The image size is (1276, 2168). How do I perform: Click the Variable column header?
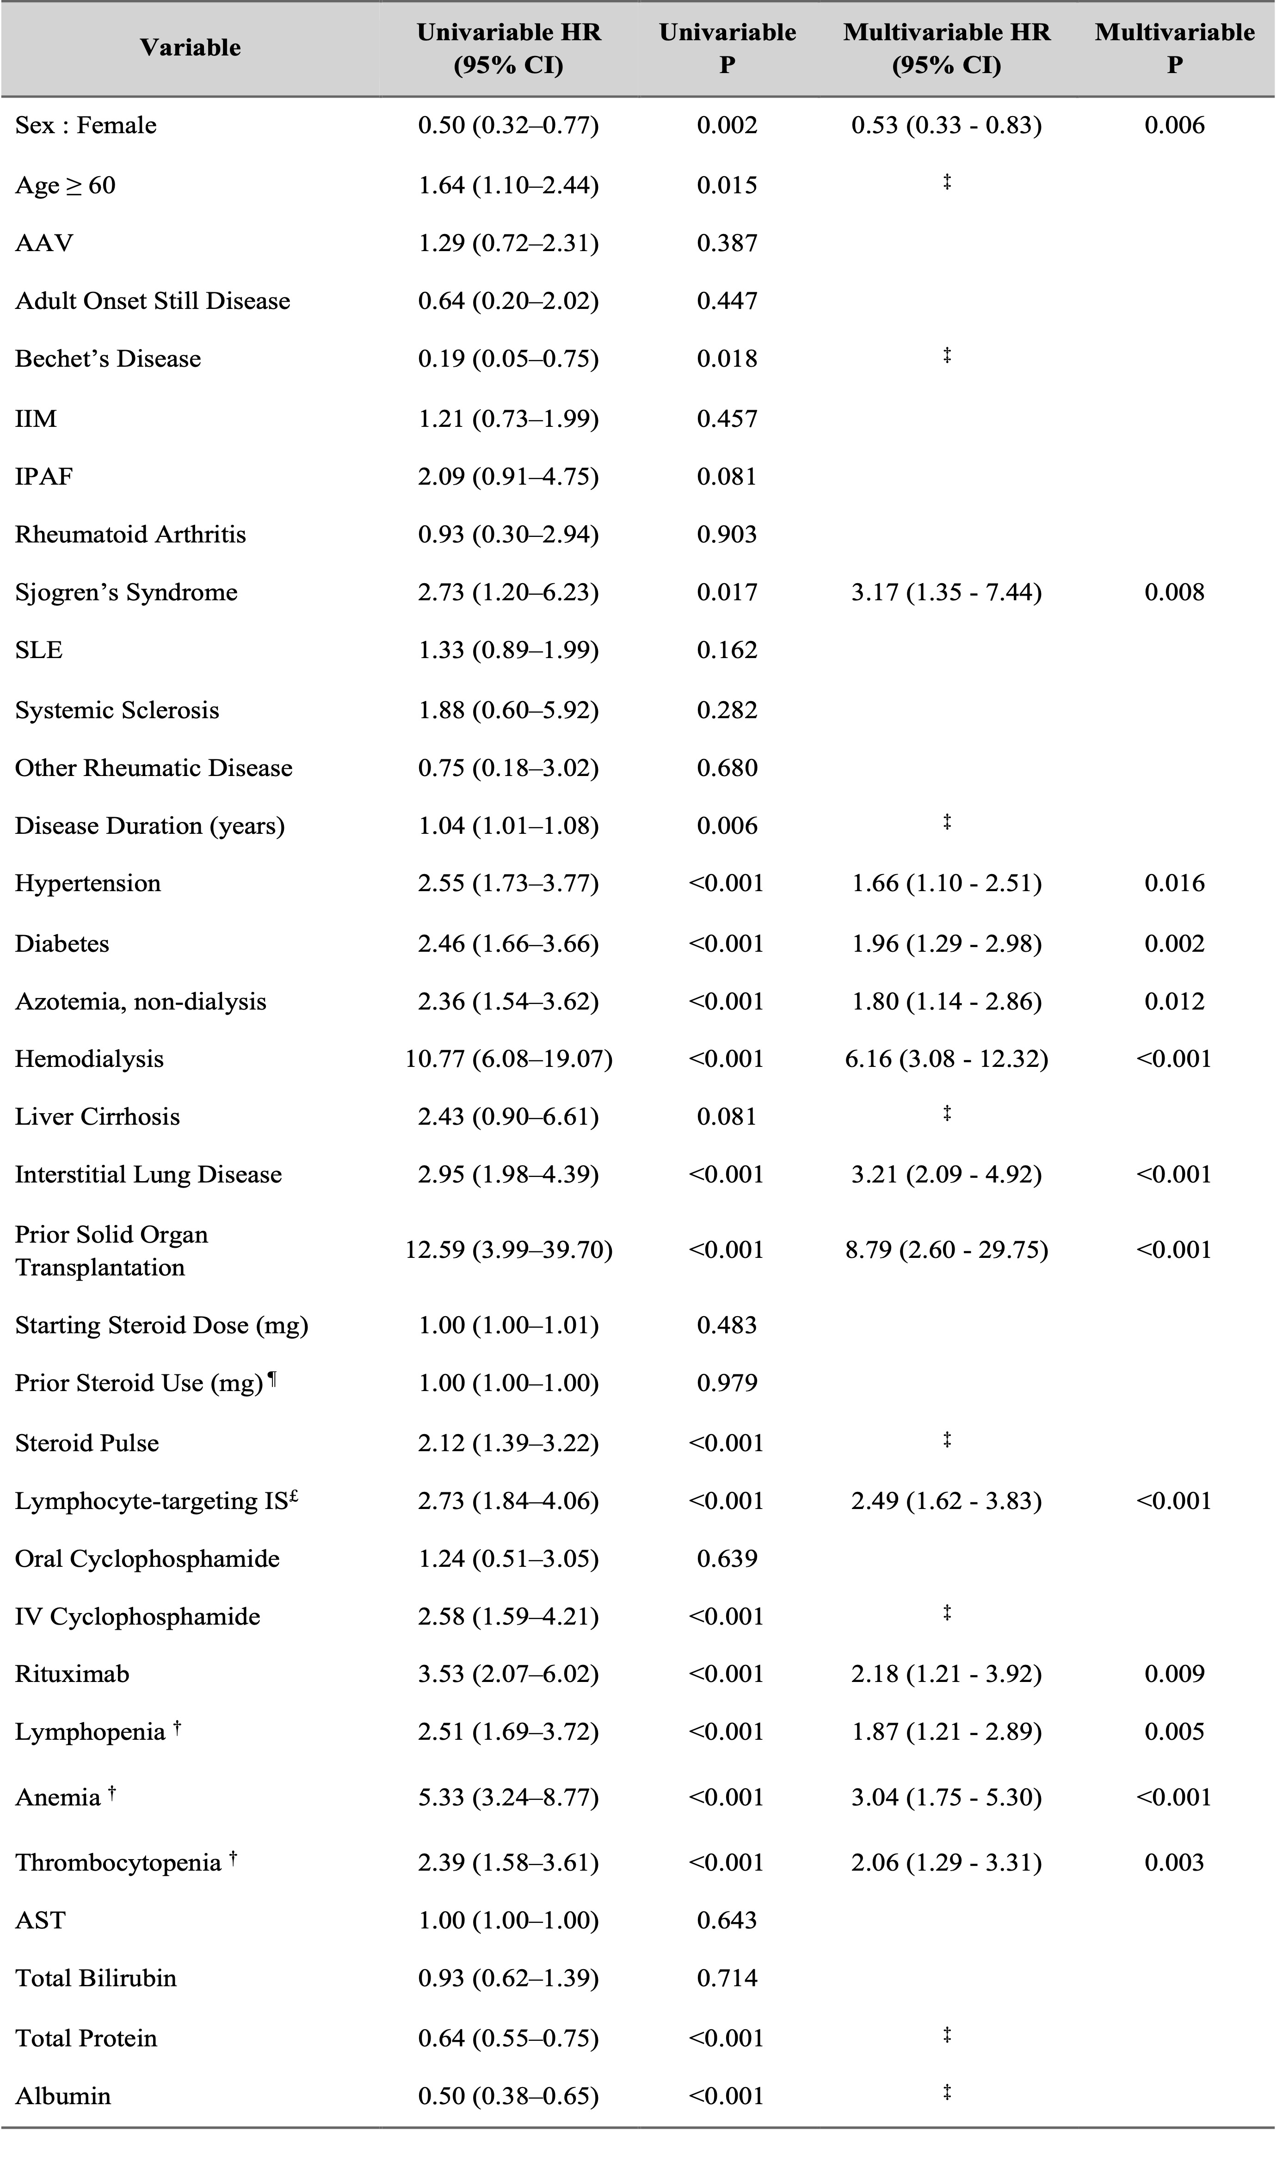[x=190, y=47]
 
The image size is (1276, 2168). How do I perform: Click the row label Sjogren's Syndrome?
[x=126, y=592]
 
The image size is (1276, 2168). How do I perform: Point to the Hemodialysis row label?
[x=89, y=1058]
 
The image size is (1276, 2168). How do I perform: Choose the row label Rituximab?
[x=72, y=1673]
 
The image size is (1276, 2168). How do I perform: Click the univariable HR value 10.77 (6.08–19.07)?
[x=509, y=1058]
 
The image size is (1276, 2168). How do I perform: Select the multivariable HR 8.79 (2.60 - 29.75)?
[x=946, y=1249]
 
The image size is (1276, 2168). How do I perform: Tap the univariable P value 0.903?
[x=727, y=534]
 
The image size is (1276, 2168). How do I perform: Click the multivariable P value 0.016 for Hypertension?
[x=1174, y=883]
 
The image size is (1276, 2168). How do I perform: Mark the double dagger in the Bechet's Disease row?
[x=946, y=354]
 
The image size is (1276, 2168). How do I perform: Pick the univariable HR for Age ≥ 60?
[x=509, y=185]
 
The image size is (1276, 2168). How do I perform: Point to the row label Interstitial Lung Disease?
[x=148, y=1174]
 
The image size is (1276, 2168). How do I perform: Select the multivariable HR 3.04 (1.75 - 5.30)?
[x=946, y=1797]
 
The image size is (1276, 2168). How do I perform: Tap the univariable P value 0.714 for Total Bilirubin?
[x=727, y=1978]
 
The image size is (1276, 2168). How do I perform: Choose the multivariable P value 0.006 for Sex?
[x=1174, y=126]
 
